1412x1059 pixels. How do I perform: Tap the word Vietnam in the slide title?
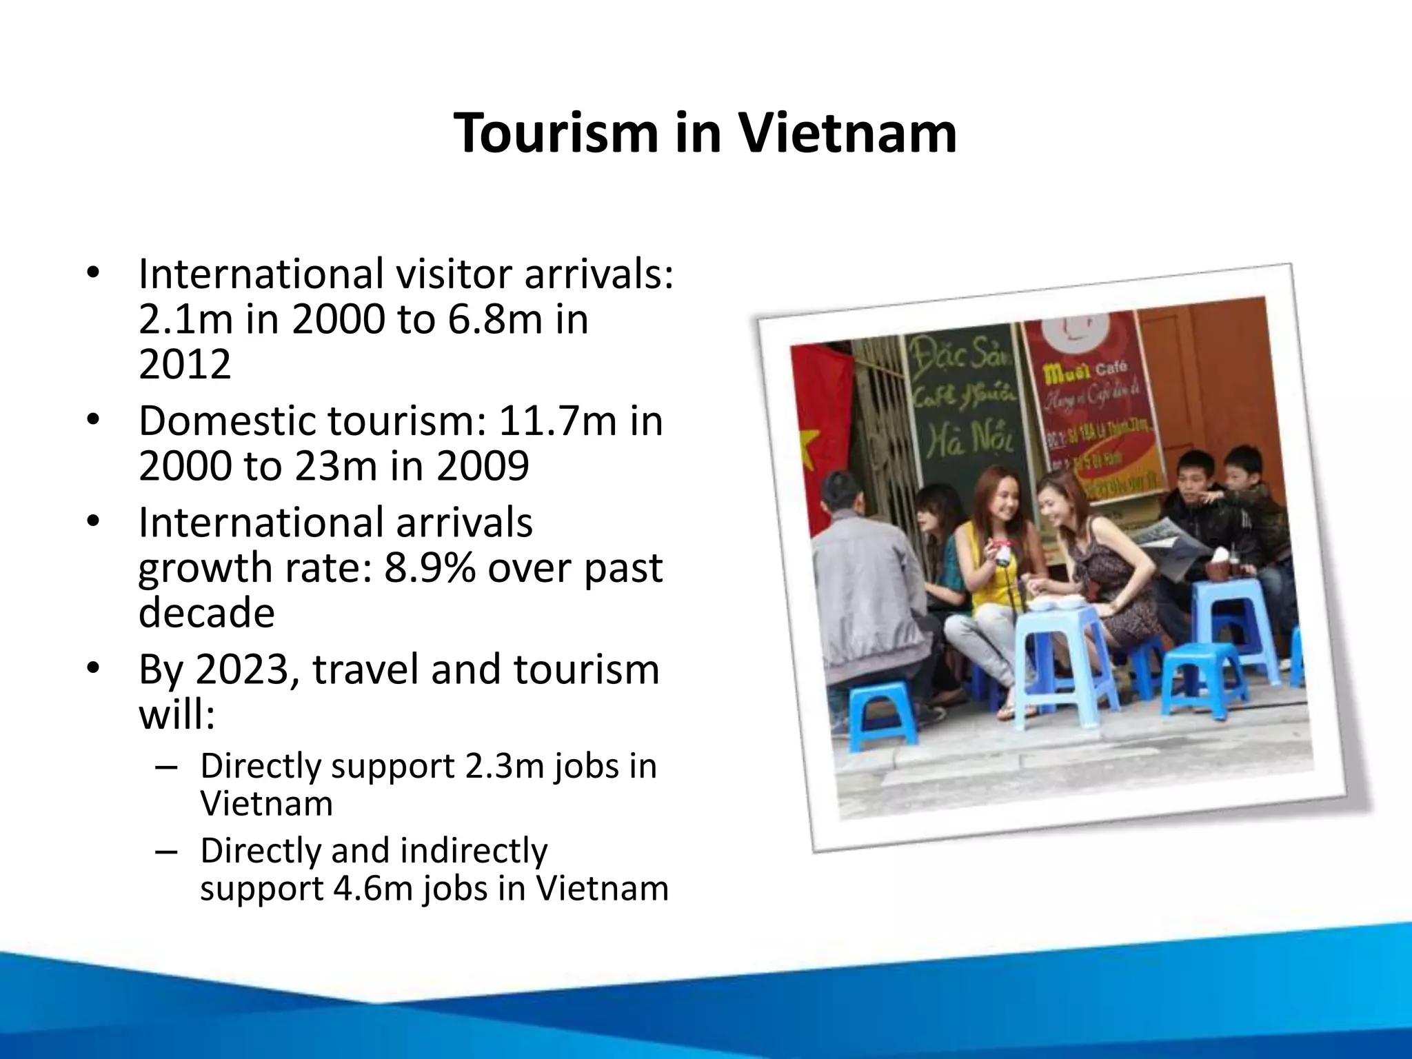(847, 133)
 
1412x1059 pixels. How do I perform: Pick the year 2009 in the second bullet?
(483, 465)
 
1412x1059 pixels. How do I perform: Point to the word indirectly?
(474, 850)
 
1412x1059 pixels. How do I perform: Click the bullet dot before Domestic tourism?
(94, 420)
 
